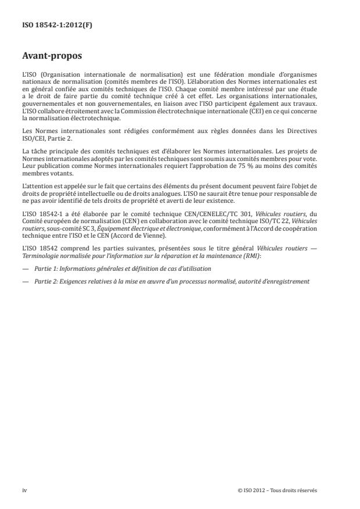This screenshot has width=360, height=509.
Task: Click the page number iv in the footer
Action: pyautogui.click(x=24, y=490)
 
